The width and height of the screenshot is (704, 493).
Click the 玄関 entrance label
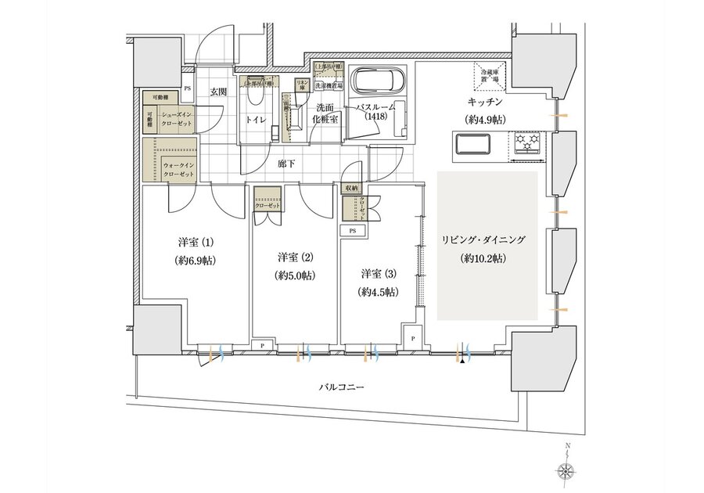[217, 92]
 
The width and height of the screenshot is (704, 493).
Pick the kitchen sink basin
[471, 145]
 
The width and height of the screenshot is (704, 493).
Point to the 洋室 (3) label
[379, 274]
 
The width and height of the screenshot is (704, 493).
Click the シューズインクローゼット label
[180, 118]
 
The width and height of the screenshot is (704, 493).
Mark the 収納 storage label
[350, 189]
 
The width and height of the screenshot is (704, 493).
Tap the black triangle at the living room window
[464, 361]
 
